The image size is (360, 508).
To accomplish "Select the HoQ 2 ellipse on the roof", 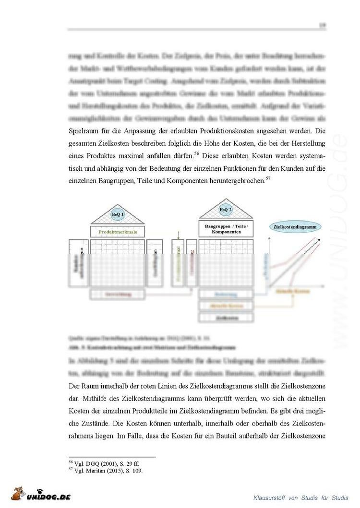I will click(x=226, y=210).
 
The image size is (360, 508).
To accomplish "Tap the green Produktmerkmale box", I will click(x=118, y=232).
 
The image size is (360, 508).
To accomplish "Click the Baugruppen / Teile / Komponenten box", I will click(x=226, y=229).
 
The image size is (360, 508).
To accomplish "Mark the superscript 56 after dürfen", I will click(x=197, y=153).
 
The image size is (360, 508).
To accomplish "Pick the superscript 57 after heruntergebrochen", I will click(x=268, y=178).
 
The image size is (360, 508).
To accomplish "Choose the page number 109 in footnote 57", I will click(x=136, y=471).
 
